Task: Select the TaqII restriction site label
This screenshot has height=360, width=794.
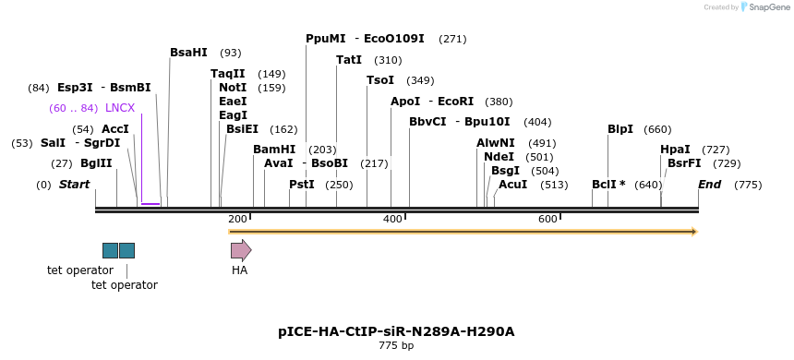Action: coord(228,74)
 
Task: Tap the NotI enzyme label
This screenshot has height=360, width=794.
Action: coord(233,88)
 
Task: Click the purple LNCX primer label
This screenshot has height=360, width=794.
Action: coord(120,108)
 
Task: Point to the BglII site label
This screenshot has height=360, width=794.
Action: coord(96,163)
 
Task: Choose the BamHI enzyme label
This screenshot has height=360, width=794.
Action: coord(274,150)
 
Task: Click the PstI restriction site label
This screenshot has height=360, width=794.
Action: coord(302,185)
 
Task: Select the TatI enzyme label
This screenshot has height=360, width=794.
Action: coord(349,60)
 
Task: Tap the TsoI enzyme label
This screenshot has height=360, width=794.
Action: coord(380,80)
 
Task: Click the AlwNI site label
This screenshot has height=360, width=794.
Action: coord(496,143)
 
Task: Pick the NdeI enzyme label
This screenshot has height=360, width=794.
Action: coord(499,157)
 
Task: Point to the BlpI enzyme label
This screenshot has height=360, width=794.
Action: coord(620,129)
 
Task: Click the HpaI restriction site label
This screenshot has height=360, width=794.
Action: coord(675,150)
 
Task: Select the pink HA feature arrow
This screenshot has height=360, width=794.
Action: coord(241,250)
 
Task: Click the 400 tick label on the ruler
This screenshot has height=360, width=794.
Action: coord(392,219)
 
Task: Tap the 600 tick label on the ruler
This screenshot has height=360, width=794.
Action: coord(547,219)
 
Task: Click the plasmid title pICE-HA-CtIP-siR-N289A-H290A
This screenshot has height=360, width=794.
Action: coord(396,331)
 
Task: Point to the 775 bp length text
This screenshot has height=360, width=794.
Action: coord(396,346)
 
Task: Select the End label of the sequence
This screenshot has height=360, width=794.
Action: coord(709,185)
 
